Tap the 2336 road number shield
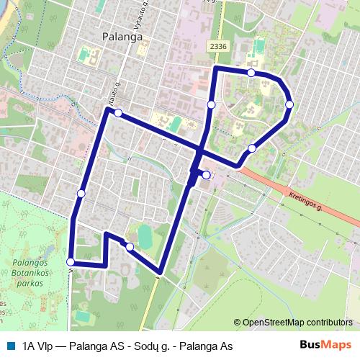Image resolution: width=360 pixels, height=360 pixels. click(x=219, y=46)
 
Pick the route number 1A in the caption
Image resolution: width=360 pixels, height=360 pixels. click(x=30, y=346)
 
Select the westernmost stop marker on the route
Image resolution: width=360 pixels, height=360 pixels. click(x=70, y=262)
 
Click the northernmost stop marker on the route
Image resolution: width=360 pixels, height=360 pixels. click(x=251, y=73)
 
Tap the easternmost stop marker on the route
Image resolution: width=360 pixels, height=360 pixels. click(x=289, y=104)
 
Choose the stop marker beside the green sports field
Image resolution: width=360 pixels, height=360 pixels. click(x=130, y=247)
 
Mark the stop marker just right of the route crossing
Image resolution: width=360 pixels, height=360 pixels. click(x=206, y=175)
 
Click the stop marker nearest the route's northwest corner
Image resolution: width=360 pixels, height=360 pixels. click(x=117, y=113)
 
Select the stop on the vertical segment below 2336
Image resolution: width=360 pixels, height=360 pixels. click(x=211, y=104)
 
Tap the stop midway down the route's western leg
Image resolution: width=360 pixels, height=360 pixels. click(x=81, y=194)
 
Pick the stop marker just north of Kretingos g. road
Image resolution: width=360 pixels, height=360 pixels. click(x=252, y=148)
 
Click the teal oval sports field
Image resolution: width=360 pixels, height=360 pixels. click(x=145, y=235)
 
